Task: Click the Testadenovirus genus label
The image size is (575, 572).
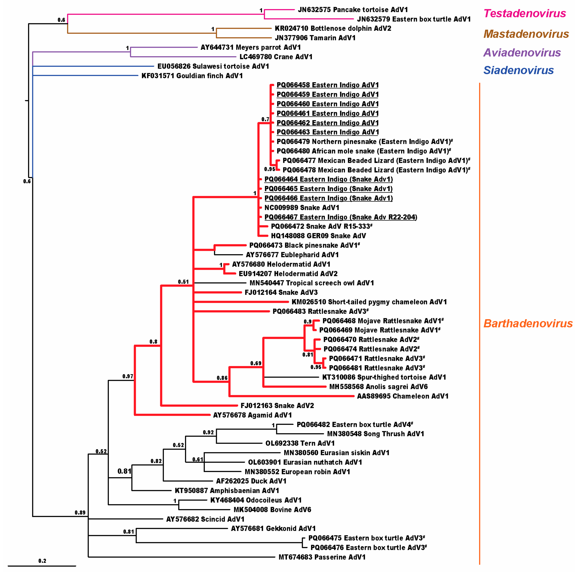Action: tap(524, 13)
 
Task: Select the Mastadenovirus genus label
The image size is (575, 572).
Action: tap(526, 34)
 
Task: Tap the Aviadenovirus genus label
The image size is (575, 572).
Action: tap(522, 53)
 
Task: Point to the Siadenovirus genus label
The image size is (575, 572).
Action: tap(518, 70)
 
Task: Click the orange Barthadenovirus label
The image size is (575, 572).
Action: tap(528, 323)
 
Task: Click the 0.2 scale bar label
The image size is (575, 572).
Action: tap(42, 561)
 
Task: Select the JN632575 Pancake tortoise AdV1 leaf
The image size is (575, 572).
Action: tap(353, 10)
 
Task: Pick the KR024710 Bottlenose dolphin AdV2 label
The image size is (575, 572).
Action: tap(333, 28)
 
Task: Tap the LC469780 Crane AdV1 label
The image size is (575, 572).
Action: tap(276, 57)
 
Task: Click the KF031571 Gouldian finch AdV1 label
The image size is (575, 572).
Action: tap(192, 76)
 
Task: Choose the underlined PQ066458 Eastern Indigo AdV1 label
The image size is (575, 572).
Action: tap(327, 85)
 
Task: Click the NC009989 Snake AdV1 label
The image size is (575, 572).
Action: tap(302, 208)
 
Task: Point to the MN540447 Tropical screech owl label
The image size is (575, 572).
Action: tap(312, 283)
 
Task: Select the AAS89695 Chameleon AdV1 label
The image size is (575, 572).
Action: tap(402, 396)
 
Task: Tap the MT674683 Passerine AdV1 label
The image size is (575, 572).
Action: tap(322, 557)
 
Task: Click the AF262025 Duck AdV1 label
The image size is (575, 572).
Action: tap(251, 481)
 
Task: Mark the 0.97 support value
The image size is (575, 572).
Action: tap(128, 376)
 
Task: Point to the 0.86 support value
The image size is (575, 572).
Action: tap(222, 378)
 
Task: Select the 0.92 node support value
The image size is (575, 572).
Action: tap(208, 432)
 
